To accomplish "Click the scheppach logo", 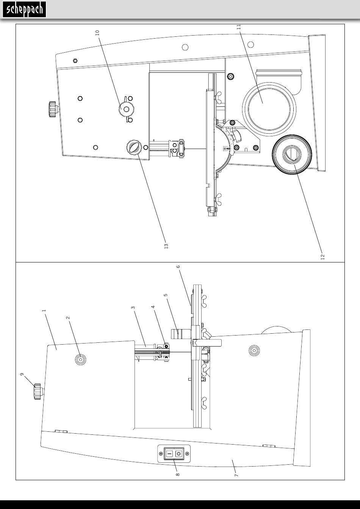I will pos(25,9).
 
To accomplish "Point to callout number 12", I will pos(322,256).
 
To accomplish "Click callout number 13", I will pos(166,246).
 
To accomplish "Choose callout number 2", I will pos(68,318).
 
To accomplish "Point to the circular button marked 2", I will pos(80,359).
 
